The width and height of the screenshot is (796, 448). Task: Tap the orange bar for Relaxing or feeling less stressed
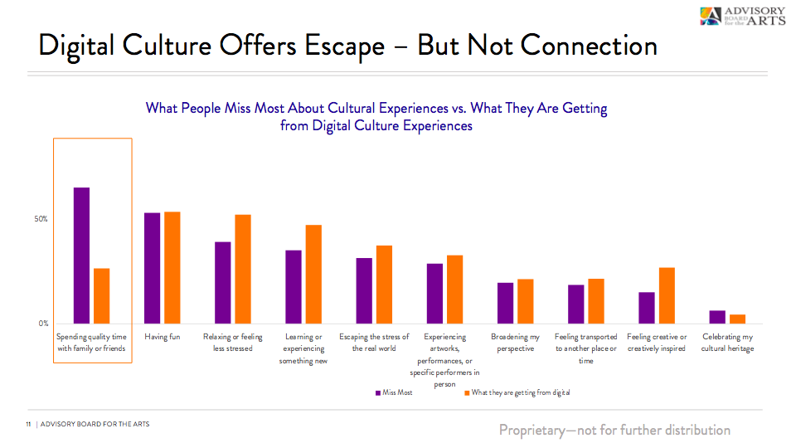pos(243,269)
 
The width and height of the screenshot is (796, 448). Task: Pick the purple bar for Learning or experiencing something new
pos(294,286)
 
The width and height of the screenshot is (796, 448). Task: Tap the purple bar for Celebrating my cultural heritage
pos(717,317)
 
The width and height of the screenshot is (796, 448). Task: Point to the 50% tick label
pos(41,219)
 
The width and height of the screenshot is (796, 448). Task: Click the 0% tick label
pos(43,324)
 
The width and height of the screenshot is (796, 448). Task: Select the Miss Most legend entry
pos(394,392)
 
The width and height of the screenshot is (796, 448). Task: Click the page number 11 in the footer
pos(28,425)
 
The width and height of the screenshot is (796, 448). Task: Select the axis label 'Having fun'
pos(162,338)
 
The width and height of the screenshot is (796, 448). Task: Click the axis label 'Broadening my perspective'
pos(515,343)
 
